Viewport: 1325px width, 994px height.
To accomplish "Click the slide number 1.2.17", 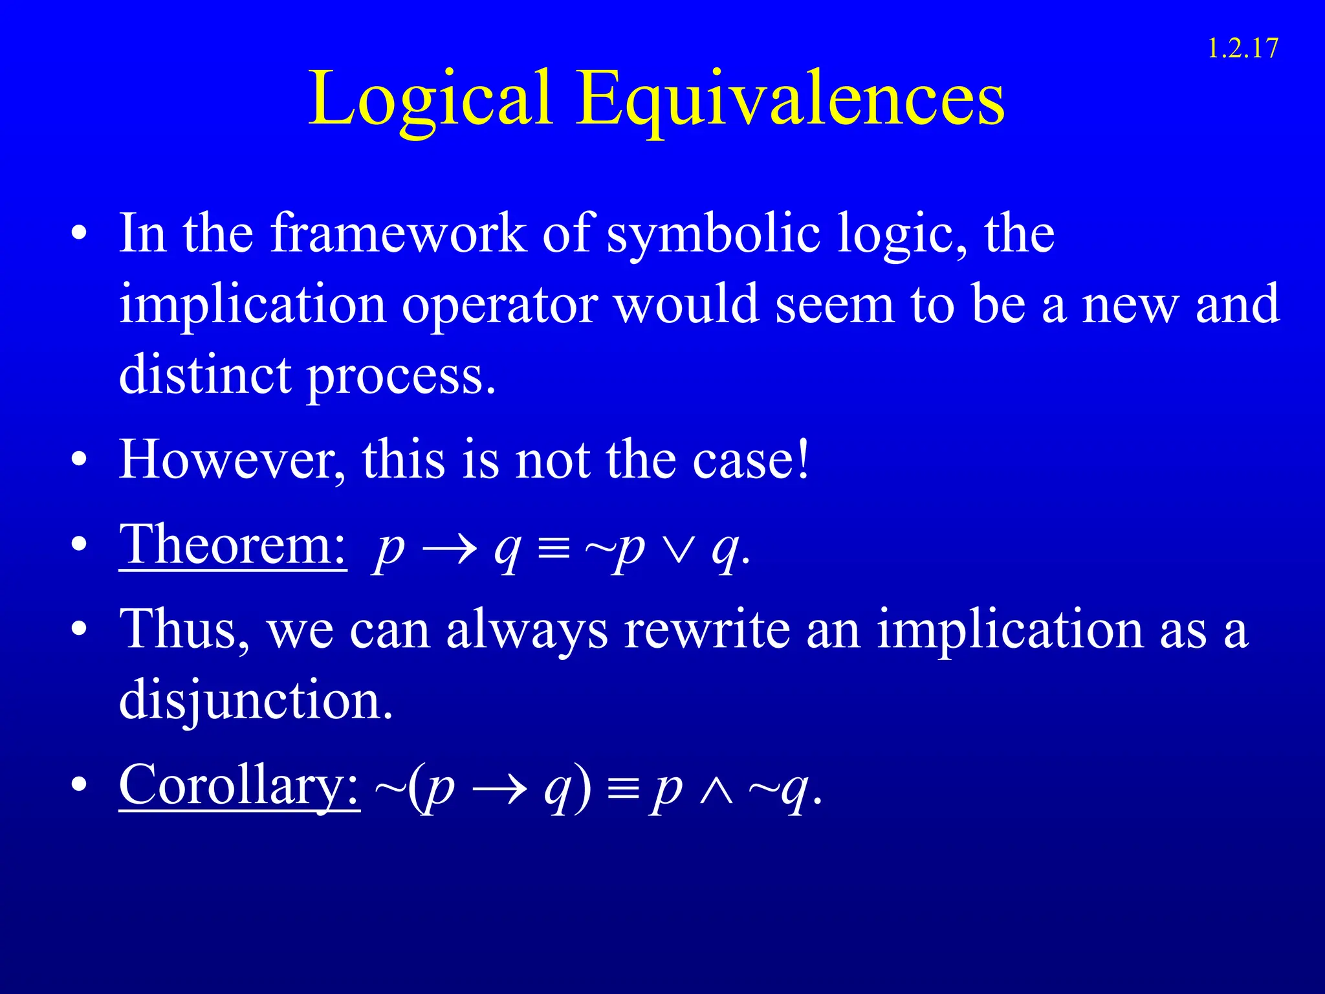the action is point(1242,49).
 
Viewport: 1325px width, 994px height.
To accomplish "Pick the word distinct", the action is point(205,375).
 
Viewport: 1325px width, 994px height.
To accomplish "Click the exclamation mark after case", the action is point(803,459).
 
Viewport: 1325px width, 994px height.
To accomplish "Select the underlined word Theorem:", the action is point(233,546).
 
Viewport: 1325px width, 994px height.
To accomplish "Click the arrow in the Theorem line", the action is point(449,551).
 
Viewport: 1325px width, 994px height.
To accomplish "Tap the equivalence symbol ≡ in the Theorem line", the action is point(554,551).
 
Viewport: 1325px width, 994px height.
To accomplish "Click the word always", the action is point(527,630).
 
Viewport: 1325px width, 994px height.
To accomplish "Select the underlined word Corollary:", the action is point(239,786).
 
